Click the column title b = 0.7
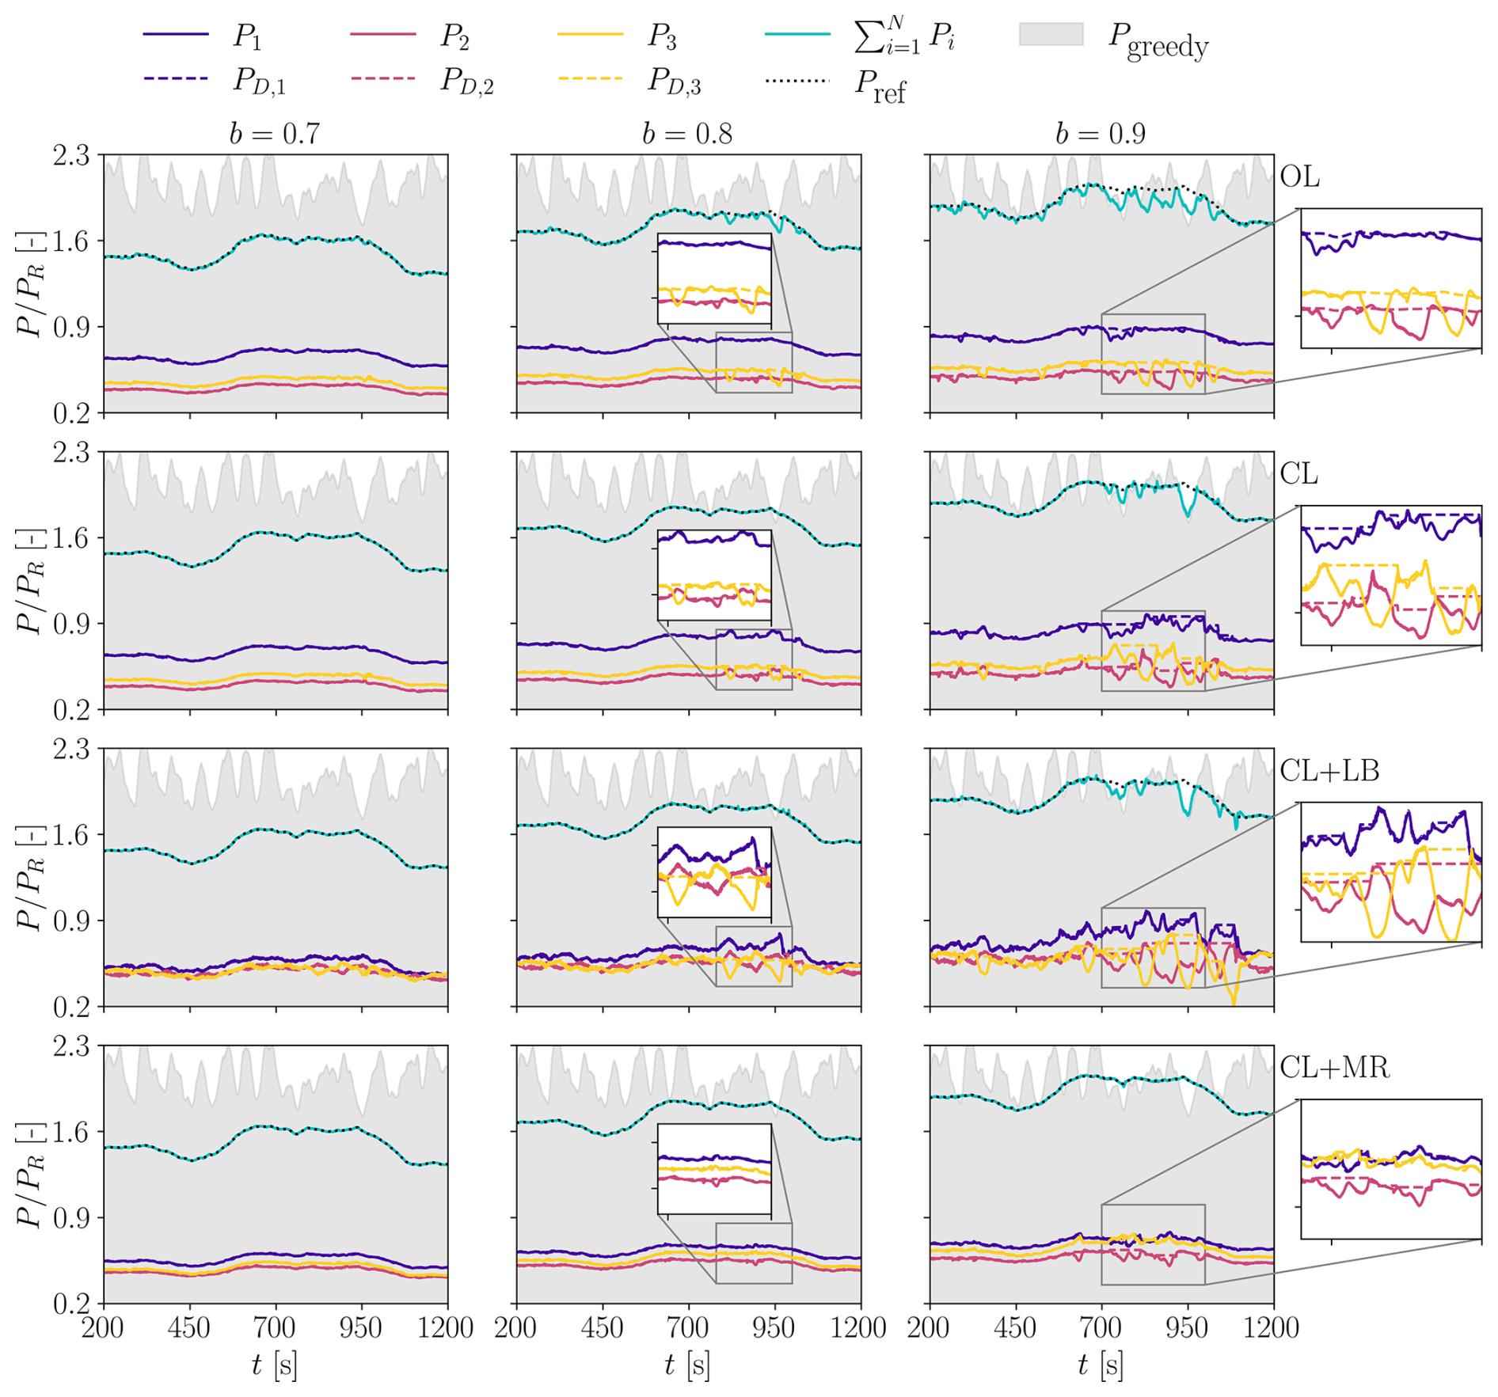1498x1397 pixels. click(275, 134)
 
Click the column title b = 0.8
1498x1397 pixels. click(687, 134)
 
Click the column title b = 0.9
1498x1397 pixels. click(1101, 134)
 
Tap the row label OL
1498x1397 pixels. click(1299, 177)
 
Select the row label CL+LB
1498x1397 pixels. click(1329, 770)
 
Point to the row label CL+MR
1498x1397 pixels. click(1334, 1068)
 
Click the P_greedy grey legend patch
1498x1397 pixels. click(1051, 35)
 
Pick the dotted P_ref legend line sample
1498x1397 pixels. click(797, 80)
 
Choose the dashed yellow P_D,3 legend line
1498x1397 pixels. click(590, 79)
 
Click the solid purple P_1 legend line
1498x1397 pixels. click(176, 35)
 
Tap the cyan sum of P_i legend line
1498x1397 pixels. click(797, 35)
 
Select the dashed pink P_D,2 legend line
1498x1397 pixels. click(382, 79)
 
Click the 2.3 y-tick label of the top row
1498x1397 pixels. click(71, 156)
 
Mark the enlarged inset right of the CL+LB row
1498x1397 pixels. click(1391, 872)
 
